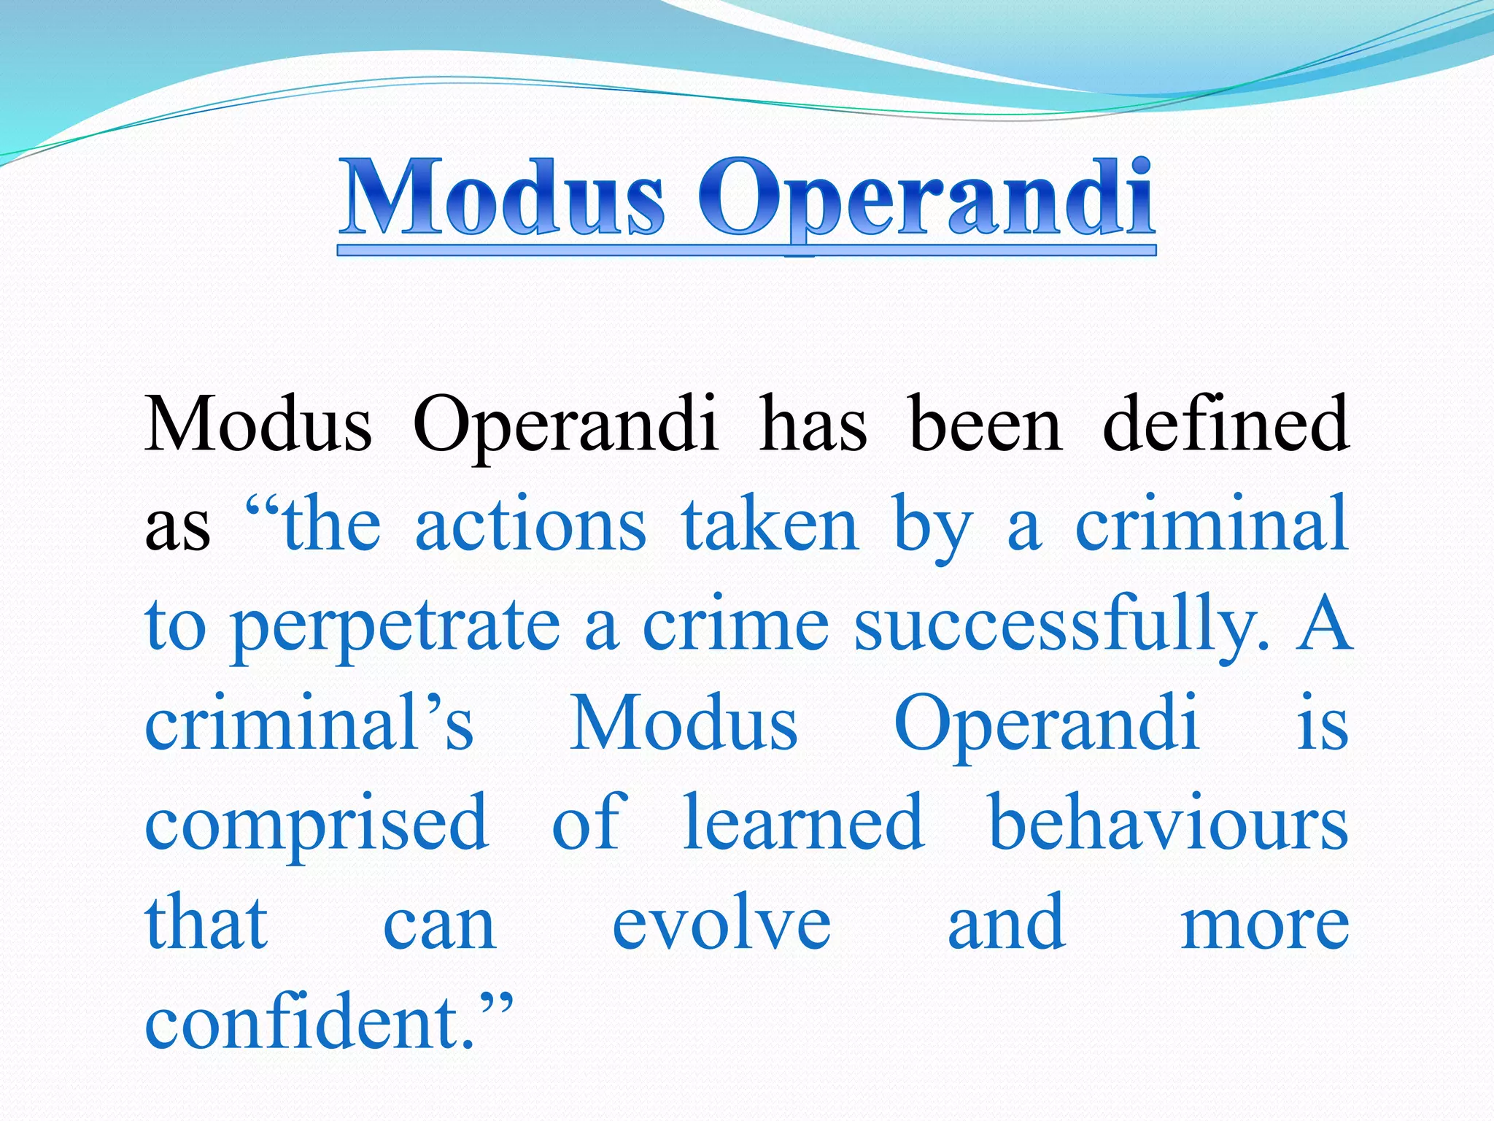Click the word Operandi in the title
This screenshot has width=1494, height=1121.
[926, 201]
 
